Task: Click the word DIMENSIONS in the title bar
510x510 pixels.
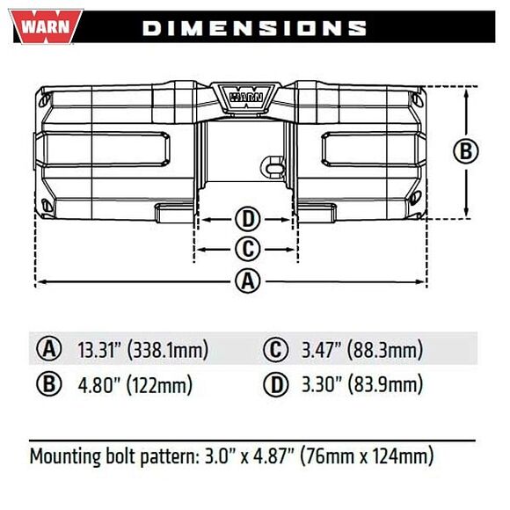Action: pyautogui.click(x=254, y=27)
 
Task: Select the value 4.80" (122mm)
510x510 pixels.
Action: pyautogui.click(x=134, y=385)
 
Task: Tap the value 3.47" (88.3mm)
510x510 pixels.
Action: pyautogui.click(x=362, y=350)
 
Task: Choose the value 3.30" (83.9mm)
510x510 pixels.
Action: pyautogui.click(x=362, y=385)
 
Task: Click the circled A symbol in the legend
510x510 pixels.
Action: pyautogui.click(x=48, y=350)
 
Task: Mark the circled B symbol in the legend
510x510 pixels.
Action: pyautogui.click(x=48, y=385)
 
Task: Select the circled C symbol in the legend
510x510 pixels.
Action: pyautogui.click(x=275, y=350)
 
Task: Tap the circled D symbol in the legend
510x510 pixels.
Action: pyautogui.click(x=275, y=385)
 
